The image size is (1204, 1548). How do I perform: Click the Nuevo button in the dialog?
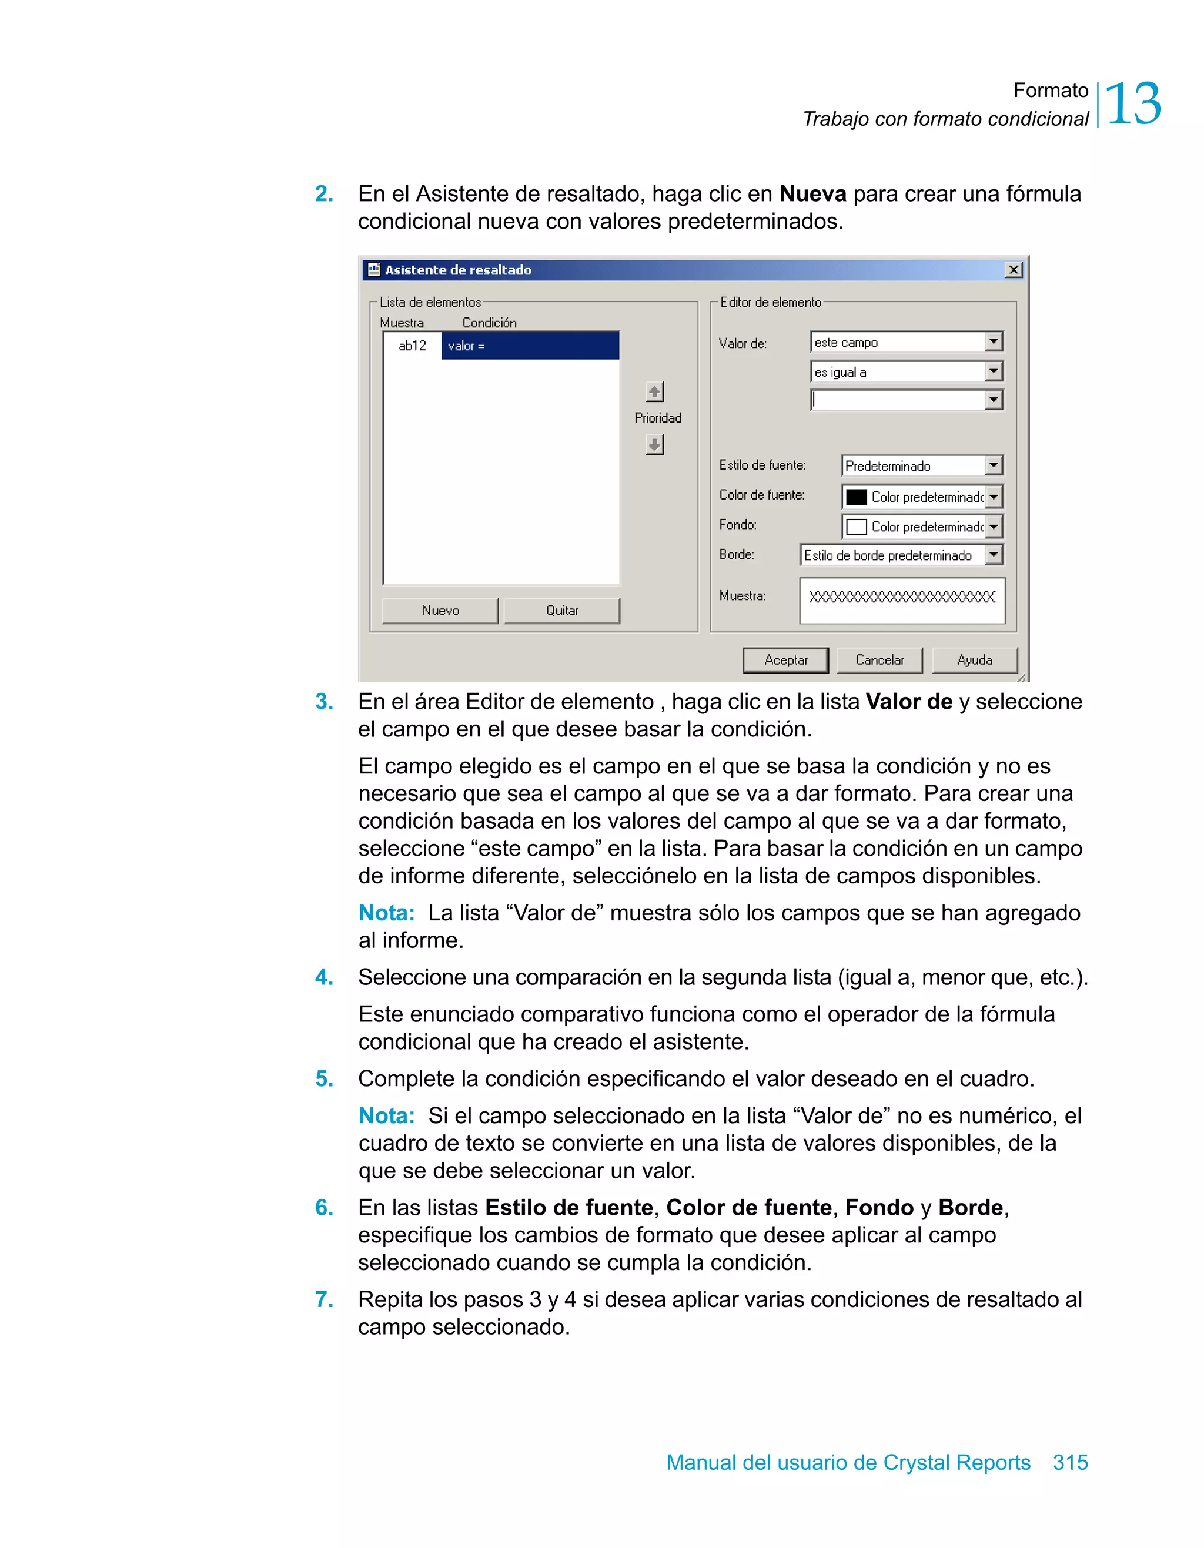440,610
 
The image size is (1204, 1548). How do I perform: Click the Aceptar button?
785,660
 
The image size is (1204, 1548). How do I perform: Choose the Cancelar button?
879,660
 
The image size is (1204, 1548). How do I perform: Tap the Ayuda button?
974,660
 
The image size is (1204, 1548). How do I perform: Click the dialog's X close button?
1014,270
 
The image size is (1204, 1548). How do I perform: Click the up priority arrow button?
654,391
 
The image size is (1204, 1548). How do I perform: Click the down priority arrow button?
654,445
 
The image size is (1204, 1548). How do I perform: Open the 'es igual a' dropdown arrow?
994,371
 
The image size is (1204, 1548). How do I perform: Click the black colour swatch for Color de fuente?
857,497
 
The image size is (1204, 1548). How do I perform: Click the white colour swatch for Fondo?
857,527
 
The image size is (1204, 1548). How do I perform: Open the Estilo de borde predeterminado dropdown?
994,555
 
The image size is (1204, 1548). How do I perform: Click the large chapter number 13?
1132,104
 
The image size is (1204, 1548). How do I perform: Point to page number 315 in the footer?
1070,1462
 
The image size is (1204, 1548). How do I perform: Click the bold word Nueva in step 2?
812,193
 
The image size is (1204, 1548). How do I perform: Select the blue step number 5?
324,1079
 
